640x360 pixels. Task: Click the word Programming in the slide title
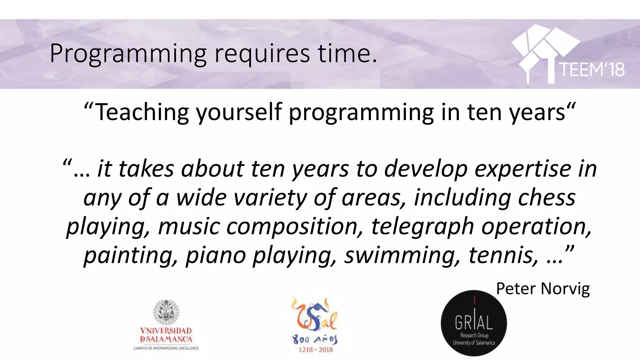tap(128, 54)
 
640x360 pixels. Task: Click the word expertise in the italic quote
tap(524, 169)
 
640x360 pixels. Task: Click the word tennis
tap(503, 255)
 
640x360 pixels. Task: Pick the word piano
tap(216, 255)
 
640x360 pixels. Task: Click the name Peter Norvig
tap(543, 288)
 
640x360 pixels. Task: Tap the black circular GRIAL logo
tap(474, 323)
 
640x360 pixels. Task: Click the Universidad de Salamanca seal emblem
tap(166, 312)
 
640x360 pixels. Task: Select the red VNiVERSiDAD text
tap(166, 331)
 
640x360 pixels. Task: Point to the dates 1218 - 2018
tap(316, 350)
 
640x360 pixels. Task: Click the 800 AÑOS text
tap(315, 339)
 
